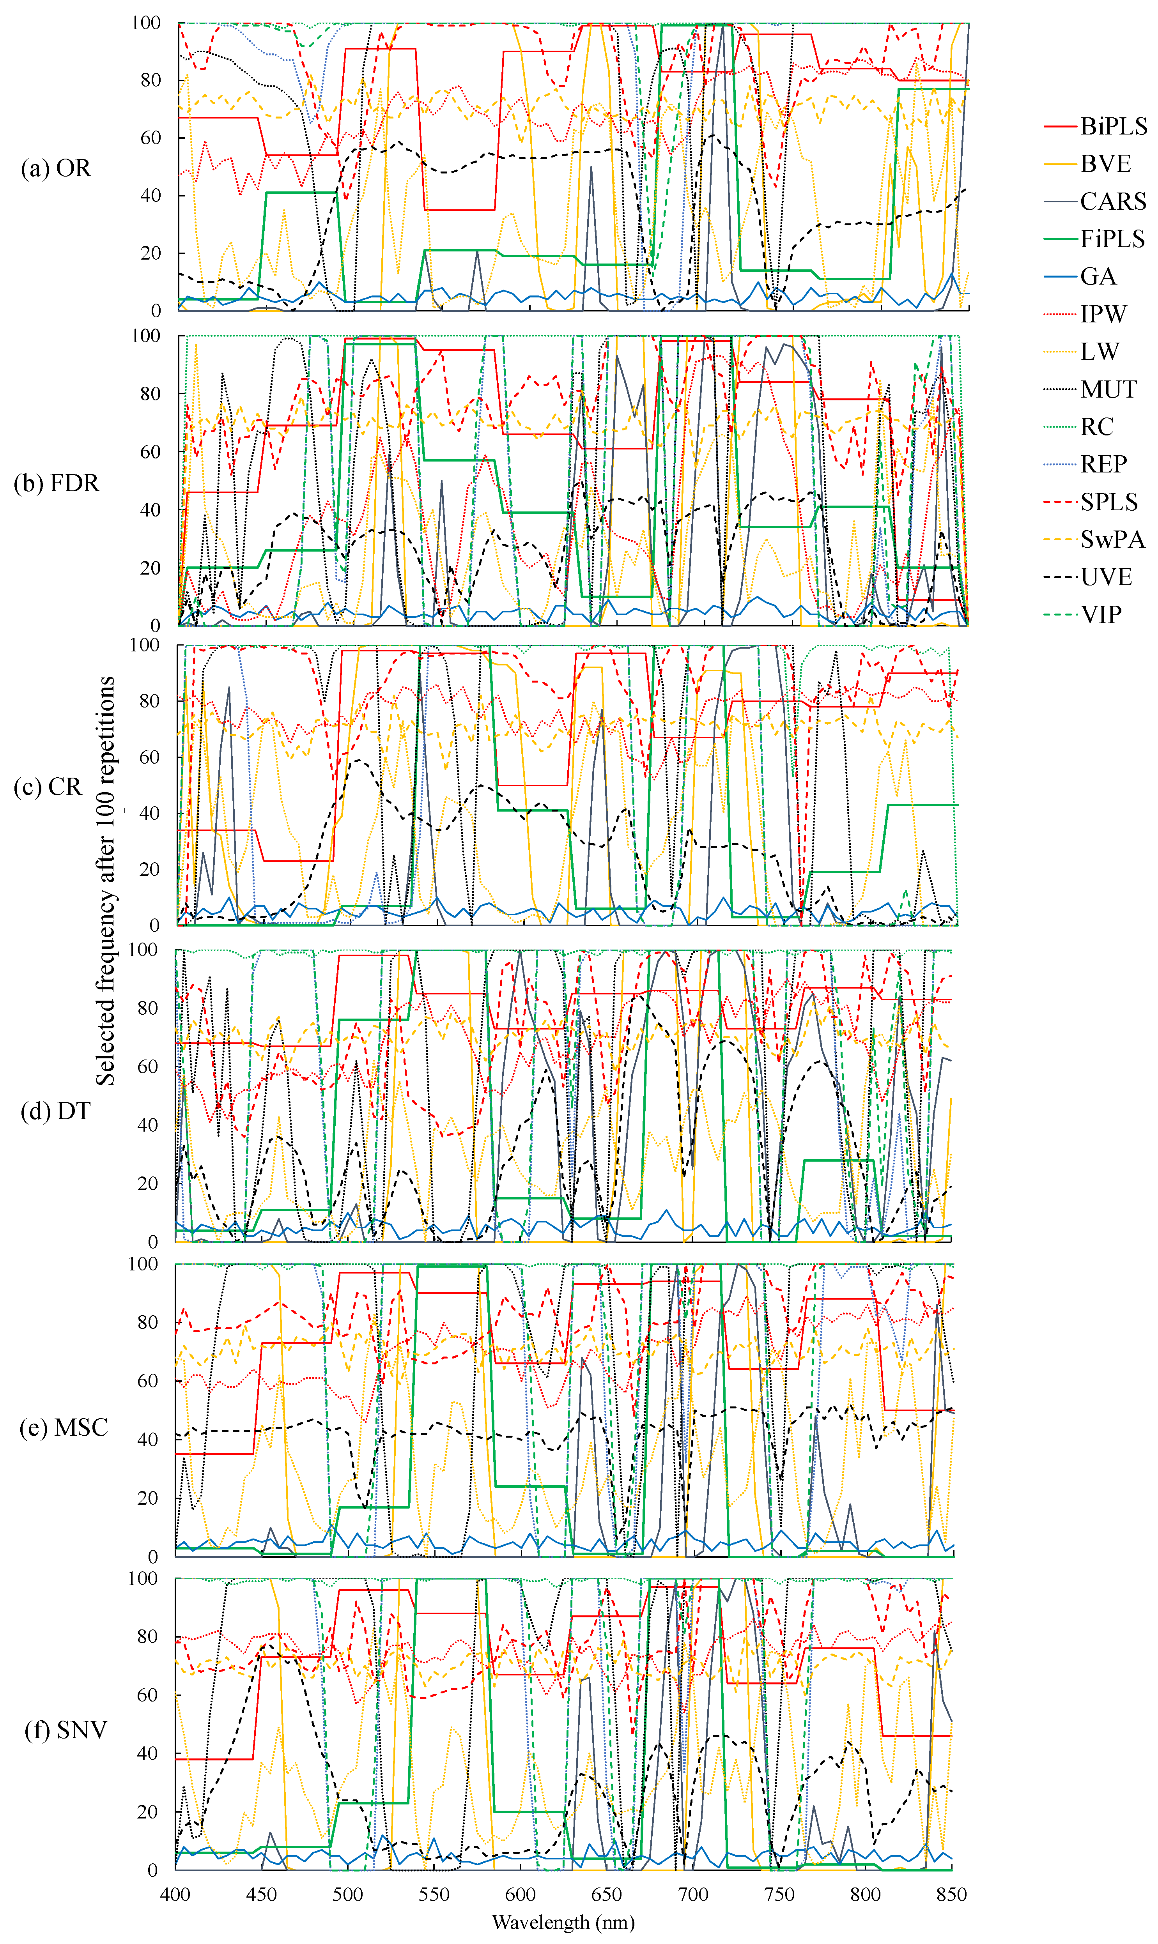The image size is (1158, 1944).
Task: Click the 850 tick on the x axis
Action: pyautogui.click(x=951, y=1894)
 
